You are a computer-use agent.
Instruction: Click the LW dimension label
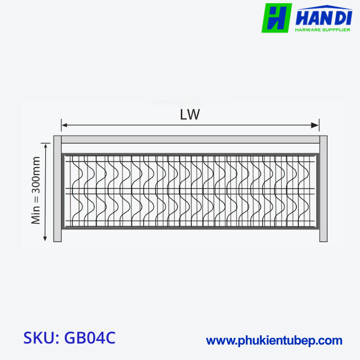tap(190, 114)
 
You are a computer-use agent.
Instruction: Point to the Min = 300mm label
tap(36, 190)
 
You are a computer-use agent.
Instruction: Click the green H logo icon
tap(277, 18)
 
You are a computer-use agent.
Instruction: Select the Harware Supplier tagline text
tap(323, 30)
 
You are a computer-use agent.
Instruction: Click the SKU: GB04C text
tap(69, 338)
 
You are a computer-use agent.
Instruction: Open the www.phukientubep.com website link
tap(274, 340)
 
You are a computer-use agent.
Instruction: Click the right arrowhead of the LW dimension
tap(317, 124)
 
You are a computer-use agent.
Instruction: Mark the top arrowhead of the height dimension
tap(46, 146)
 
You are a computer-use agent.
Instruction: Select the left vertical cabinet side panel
tap(58, 188)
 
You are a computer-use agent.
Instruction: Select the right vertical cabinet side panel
tap(323, 188)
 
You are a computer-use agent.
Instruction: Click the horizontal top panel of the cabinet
tap(190, 139)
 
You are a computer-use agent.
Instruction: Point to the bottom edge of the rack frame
tap(190, 228)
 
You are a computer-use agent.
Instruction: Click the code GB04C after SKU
tap(90, 338)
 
